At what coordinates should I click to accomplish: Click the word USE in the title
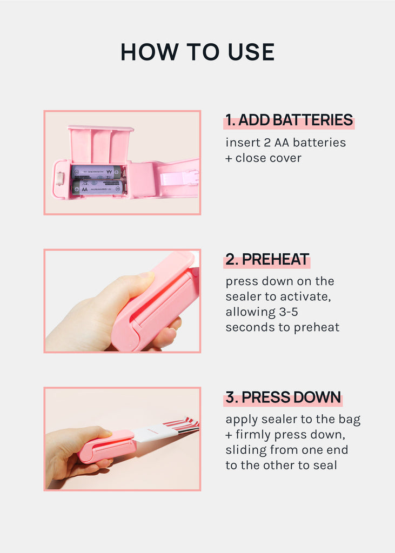point(251,52)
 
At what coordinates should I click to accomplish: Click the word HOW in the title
point(149,52)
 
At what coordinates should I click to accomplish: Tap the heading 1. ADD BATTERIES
point(289,120)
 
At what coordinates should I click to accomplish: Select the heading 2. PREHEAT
point(267,259)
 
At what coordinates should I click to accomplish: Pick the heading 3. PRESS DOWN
point(283,397)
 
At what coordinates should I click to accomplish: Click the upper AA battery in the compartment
point(96,172)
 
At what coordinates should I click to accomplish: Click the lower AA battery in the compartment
point(98,187)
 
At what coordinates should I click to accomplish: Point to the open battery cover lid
point(101,145)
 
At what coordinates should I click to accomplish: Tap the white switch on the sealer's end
point(59,179)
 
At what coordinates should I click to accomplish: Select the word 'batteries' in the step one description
point(319,143)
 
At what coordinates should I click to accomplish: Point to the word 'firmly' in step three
point(253,435)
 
